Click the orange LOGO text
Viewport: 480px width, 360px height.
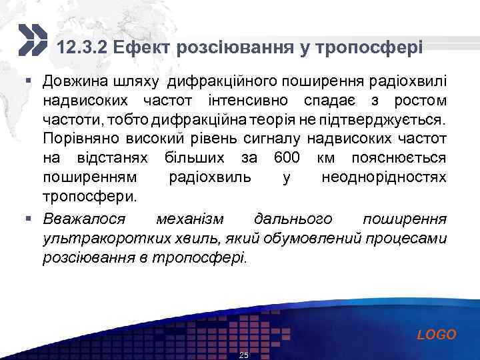pyautogui.click(x=436, y=335)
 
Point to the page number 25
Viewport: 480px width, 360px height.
pyautogui.click(x=243, y=355)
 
